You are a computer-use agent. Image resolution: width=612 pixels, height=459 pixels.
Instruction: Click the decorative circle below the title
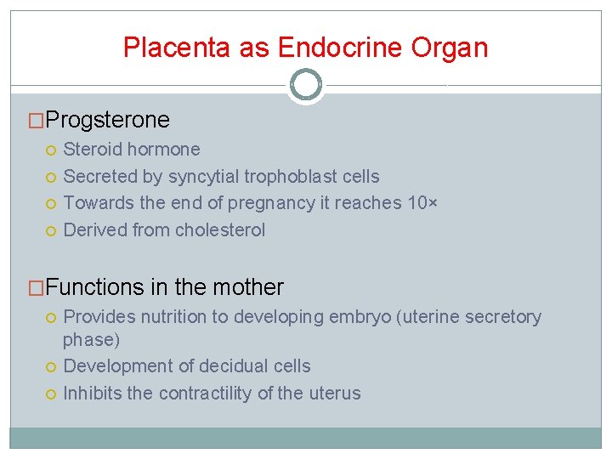pyautogui.click(x=306, y=85)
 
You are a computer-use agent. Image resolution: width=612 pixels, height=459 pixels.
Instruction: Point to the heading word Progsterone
pyautogui.click(x=108, y=120)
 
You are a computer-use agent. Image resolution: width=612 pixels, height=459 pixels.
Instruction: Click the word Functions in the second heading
pyautogui.click(x=95, y=287)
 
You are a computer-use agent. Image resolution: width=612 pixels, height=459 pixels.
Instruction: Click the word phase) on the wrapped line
pyautogui.click(x=92, y=339)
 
